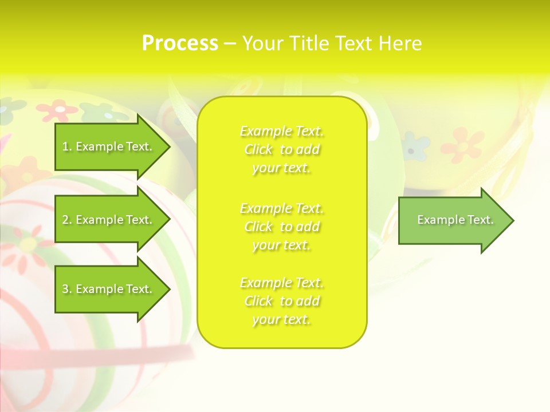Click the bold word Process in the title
click(180, 43)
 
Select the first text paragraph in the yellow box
click(281, 149)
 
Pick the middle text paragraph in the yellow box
click(281, 227)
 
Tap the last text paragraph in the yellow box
click(281, 301)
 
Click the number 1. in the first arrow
click(67, 147)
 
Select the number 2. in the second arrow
click(67, 220)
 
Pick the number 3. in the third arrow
click(67, 289)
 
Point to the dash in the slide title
click(230, 44)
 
